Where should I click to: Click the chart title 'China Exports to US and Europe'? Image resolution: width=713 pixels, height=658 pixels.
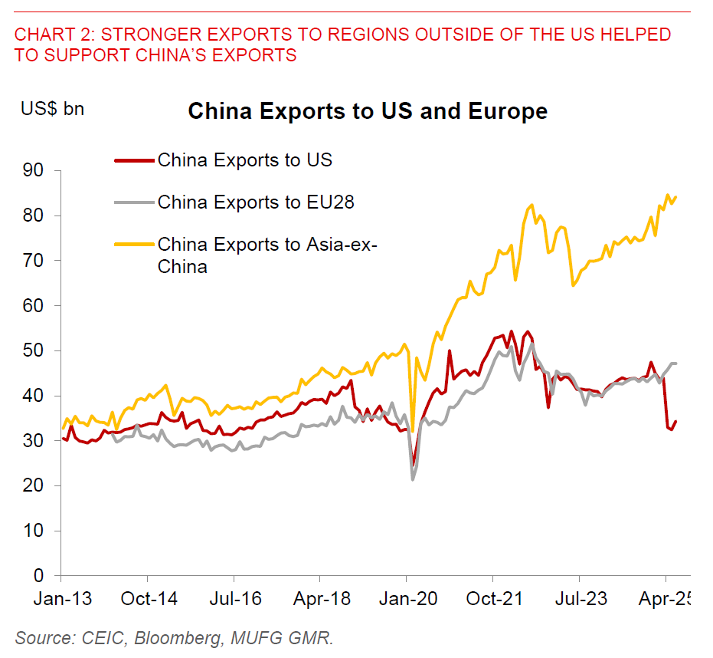tap(368, 111)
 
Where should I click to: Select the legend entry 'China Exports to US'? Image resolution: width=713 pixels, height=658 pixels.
tap(244, 160)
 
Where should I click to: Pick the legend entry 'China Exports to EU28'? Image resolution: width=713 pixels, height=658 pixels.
tap(256, 202)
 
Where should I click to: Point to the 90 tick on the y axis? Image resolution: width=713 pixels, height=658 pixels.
tap(40, 170)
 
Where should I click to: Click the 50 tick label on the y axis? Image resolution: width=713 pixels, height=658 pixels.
tap(40, 350)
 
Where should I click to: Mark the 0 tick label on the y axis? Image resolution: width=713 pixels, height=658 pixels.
tap(45, 575)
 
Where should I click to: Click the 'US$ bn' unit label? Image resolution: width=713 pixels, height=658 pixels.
tap(52, 108)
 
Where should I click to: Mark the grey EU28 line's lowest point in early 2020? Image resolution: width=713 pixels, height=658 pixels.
tap(413, 479)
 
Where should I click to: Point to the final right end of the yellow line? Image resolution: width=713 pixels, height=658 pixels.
tap(675, 197)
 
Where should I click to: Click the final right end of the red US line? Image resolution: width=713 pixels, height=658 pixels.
tap(675, 421)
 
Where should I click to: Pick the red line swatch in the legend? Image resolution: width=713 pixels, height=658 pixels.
tap(133, 160)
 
